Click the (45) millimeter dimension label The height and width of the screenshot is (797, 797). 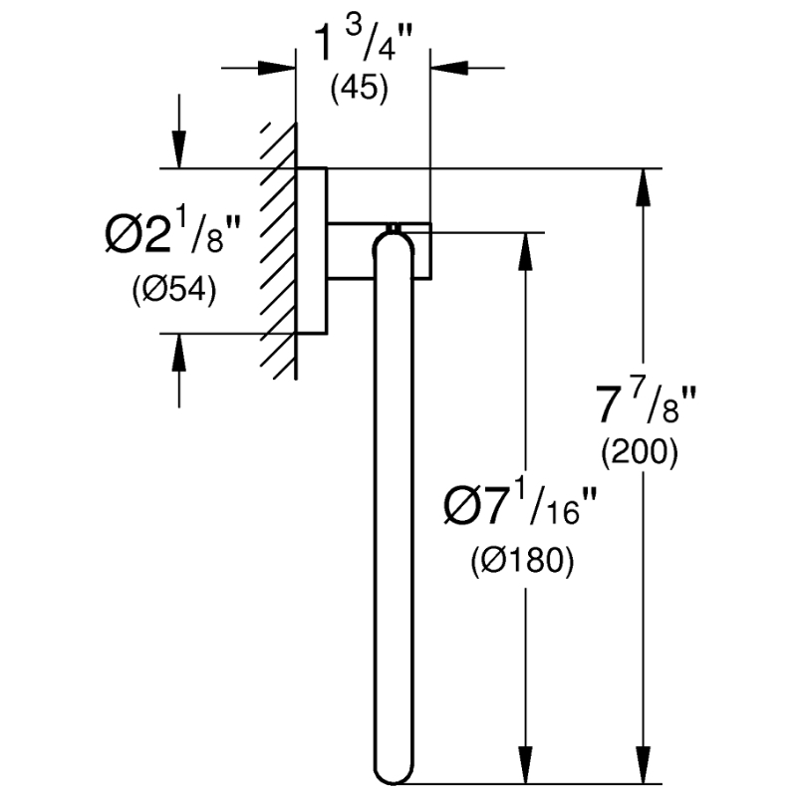[360, 89]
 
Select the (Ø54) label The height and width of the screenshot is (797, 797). [174, 291]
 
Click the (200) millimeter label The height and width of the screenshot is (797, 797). [640, 452]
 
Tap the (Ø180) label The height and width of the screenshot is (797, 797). [522, 561]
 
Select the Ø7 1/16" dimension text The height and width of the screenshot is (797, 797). [519, 506]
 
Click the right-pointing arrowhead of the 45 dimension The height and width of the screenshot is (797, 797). [277, 68]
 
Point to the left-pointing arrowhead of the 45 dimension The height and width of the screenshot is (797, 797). [449, 68]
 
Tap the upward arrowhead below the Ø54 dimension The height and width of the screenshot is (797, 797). [178, 354]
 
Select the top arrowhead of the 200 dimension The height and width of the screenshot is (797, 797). [643, 187]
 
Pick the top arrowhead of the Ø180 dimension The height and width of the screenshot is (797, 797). [526, 252]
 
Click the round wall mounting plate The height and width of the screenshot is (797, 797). [311, 251]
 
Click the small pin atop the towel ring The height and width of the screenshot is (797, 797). [393, 227]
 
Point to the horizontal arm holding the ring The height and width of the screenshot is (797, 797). [380, 251]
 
